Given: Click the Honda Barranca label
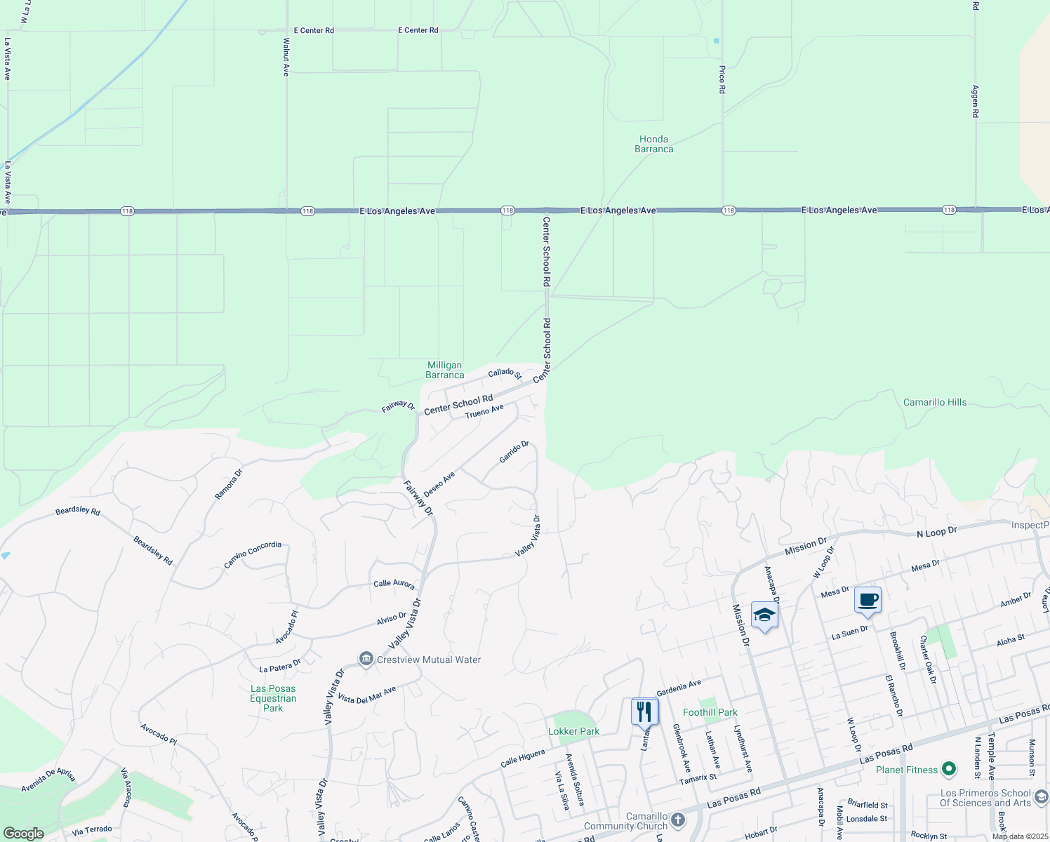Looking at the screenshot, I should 653,144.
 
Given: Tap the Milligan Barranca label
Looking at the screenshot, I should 444,370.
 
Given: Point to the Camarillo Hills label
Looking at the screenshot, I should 934,402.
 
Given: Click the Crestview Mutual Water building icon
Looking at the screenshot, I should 366,659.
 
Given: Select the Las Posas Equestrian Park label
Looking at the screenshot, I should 273,698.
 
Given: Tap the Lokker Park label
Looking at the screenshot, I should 573,731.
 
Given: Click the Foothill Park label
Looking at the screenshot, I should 710,712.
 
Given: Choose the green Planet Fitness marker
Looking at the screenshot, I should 949,770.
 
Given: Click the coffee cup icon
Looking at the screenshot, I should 868,601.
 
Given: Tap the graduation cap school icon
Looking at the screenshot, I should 764,615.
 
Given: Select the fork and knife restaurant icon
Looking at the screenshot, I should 644,711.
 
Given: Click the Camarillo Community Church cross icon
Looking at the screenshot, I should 677,820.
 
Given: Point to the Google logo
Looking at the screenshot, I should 23,834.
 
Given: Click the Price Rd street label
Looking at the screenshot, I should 722,79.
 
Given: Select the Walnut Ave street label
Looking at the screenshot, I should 286,57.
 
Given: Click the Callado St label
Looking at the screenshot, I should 505,373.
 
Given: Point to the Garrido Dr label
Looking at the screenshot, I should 513,452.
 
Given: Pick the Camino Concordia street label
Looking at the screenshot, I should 253,555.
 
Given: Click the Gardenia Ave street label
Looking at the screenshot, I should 679,688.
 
